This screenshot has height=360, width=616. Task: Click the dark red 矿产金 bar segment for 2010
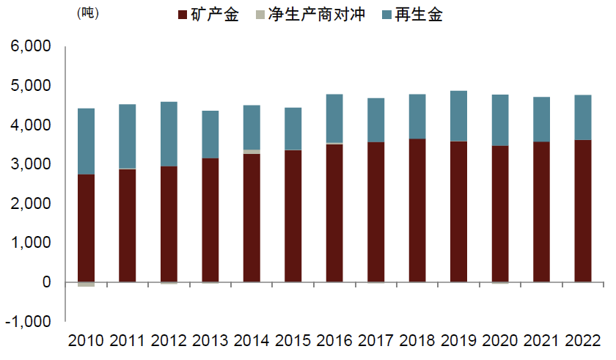[86, 227]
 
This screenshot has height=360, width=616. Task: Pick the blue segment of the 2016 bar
[334, 118]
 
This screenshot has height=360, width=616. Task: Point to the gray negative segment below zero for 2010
[86, 284]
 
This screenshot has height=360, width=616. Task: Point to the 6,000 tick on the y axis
[30, 47]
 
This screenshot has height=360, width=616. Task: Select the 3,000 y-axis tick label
[30, 164]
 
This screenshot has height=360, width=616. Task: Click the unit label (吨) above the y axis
[87, 13]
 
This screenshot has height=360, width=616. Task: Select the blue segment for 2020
[500, 120]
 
